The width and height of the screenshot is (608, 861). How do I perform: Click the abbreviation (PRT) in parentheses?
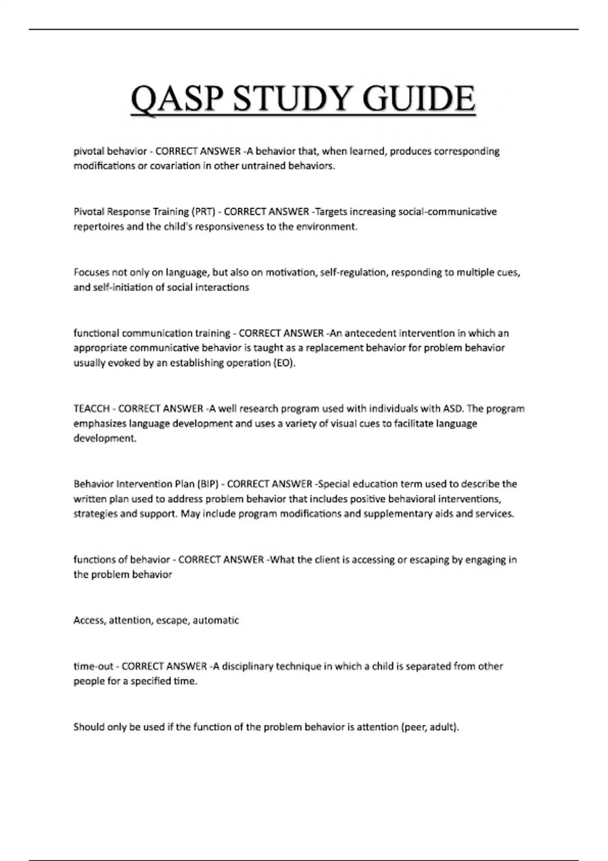203,212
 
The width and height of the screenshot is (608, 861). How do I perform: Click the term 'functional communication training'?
151,333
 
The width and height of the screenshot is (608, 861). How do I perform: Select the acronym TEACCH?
92,409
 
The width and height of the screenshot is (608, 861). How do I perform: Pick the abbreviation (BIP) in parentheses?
207,484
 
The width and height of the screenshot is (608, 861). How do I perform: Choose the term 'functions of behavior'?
122,560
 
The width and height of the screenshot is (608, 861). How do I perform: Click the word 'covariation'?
175,166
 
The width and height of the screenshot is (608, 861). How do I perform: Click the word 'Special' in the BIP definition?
333,484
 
